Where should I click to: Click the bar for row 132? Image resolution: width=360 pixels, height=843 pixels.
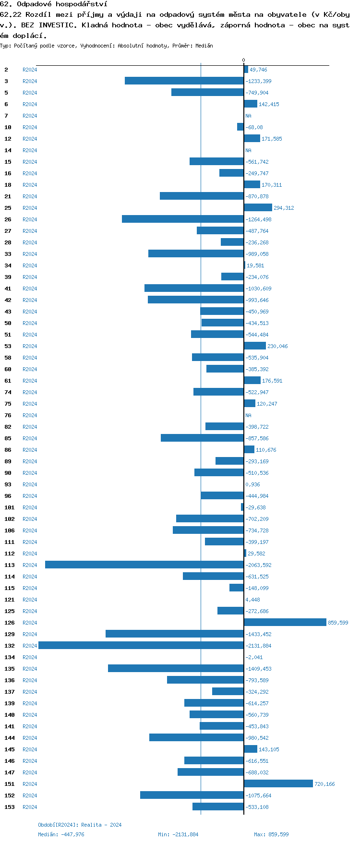click(141, 646)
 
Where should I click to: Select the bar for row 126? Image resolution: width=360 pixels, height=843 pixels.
click(285, 623)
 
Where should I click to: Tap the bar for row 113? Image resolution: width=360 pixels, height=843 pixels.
click(144, 565)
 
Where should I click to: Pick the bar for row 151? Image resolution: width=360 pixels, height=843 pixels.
click(278, 784)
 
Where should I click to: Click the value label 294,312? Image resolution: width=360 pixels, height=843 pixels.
click(284, 208)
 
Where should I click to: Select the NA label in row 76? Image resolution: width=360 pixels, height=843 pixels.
click(248, 415)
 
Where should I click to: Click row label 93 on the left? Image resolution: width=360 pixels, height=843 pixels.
click(8, 484)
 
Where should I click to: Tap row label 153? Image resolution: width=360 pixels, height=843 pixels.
click(10, 807)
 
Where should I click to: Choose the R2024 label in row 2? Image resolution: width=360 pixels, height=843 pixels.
click(30, 70)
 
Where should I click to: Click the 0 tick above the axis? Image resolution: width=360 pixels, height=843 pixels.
click(243, 60)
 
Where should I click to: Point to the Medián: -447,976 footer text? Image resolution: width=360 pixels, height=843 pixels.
click(61, 834)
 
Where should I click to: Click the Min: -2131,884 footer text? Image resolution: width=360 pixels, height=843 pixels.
click(178, 834)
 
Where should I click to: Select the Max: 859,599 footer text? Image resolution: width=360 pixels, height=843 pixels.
click(271, 834)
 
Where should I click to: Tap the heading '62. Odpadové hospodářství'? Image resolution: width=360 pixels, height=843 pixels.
click(54, 4)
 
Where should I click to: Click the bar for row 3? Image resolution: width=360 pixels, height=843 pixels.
click(184, 81)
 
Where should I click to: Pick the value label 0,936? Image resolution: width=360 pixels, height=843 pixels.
click(252, 484)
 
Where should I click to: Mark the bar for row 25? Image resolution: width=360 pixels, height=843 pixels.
click(258, 208)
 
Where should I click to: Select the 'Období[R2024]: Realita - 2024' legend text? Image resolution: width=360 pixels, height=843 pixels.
click(80, 825)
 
